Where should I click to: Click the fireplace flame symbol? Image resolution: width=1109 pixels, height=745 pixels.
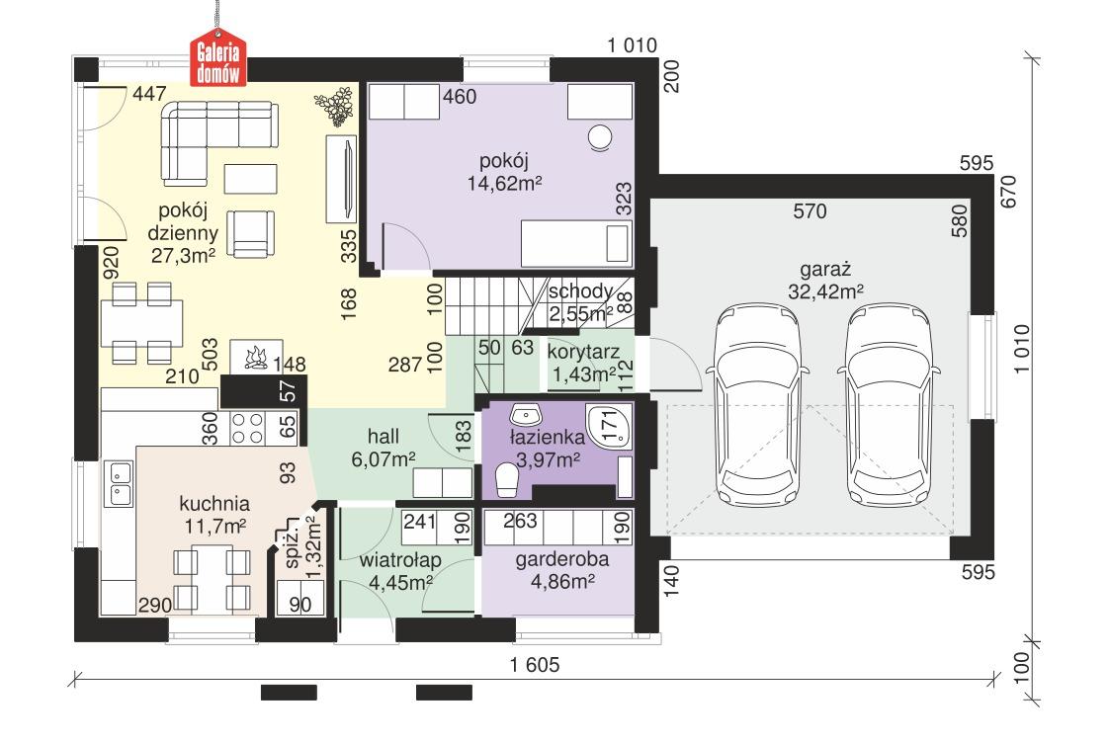(253, 357)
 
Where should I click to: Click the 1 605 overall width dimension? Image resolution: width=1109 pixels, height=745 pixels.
(535, 665)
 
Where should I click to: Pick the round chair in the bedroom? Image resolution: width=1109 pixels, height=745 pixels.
(600, 137)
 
